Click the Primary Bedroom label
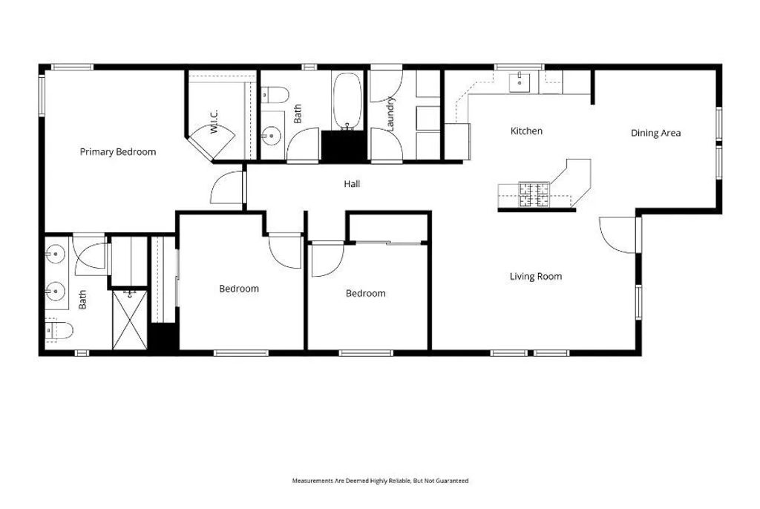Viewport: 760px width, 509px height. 118,152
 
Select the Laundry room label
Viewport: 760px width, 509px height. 391,111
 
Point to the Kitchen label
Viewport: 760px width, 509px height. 526,131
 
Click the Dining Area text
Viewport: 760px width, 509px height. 655,134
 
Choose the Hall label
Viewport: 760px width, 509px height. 352,184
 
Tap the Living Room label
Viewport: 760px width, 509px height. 535,277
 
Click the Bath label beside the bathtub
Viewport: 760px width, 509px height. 298,114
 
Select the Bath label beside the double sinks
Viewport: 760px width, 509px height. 83,300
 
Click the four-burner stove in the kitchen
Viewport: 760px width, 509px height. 534,194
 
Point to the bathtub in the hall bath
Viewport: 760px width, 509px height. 347,101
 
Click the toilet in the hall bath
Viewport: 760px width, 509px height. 276,95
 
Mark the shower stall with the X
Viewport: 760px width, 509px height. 130,320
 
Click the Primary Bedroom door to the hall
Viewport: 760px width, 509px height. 229,187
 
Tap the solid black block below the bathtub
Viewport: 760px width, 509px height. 344,145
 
